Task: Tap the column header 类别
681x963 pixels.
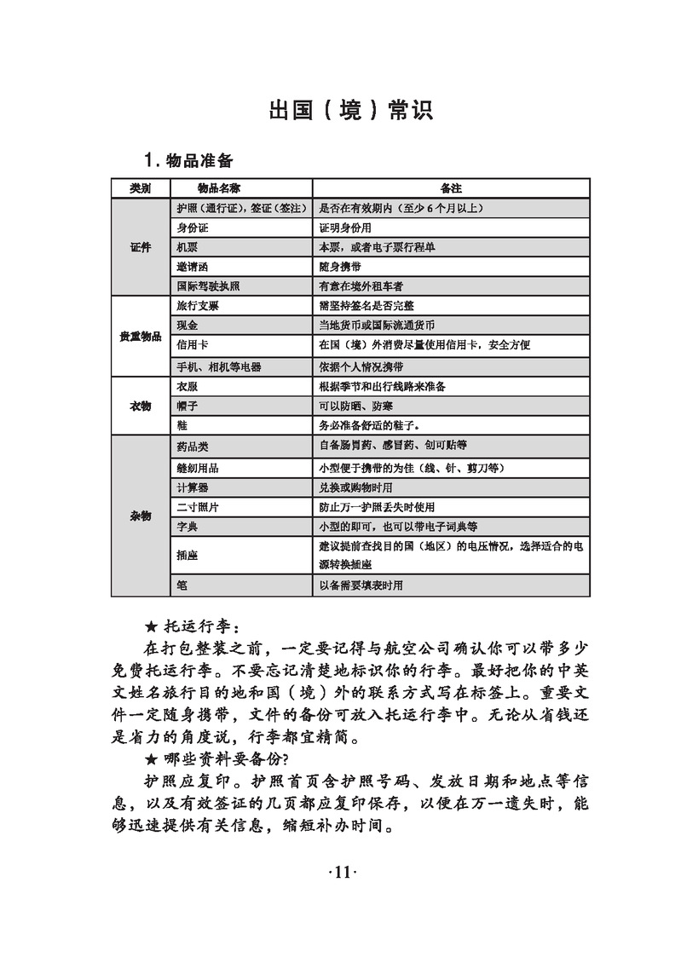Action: coord(141,187)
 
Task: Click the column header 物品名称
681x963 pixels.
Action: coord(218,187)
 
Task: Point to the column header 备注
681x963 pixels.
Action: coord(451,187)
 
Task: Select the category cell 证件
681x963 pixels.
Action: coord(141,247)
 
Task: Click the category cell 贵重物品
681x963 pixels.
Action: coord(141,337)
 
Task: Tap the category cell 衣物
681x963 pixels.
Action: coord(141,406)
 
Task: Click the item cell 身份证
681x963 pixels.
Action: coord(193,228)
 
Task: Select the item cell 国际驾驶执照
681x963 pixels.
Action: coord(209,286)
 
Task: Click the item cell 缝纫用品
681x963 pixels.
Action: coord(197,468)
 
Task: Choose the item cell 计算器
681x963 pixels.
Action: coord(192,487)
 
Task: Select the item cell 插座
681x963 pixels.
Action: coord(187,555)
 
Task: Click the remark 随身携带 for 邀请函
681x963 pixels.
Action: coord(340,267)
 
